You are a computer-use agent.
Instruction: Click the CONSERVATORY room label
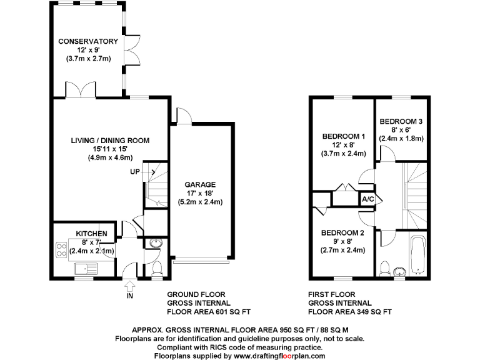[x=88, y=41]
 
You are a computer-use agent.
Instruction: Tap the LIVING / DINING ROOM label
[x=110, y=141]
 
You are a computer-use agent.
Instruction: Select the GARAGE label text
[x=200, y=184]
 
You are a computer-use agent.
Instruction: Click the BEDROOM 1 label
[x=344, y=136]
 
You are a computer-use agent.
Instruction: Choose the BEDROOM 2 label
[x=342, y=233]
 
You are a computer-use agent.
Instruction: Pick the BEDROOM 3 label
[x=401, y=121]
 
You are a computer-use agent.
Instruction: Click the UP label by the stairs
[x=135, y=172]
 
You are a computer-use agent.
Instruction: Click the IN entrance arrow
[x=129, y=289]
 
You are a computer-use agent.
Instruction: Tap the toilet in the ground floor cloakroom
[x=156, y=268]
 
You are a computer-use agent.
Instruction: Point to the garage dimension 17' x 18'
[x=200, y=193]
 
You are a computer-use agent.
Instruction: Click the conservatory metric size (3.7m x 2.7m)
[x=88, y=59]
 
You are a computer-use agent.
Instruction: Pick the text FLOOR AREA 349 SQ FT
[x=350, y=311]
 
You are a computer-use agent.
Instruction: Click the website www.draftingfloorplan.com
[x=279, y=356]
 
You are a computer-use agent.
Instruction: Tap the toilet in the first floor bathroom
[x=386, y=267]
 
